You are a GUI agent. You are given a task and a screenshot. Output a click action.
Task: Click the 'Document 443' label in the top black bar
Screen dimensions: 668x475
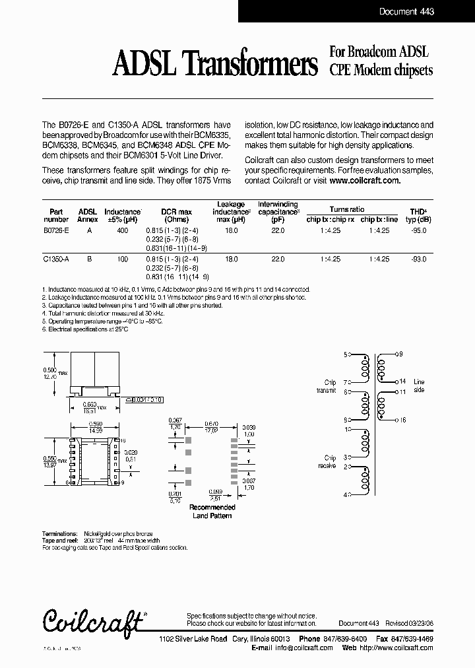[406, 12]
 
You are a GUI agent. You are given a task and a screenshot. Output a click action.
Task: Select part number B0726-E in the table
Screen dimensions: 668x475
[55, 231]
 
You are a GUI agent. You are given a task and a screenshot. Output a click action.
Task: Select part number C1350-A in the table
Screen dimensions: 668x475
[55, 260]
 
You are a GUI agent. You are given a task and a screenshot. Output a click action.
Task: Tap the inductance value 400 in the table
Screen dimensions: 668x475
[122, 231]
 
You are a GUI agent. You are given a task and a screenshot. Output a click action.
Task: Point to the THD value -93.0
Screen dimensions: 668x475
[419, 260]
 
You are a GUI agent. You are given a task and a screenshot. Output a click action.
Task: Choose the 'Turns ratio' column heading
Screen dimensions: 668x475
[347, 208]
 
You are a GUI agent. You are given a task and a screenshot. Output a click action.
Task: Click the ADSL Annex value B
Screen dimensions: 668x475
[88, 260]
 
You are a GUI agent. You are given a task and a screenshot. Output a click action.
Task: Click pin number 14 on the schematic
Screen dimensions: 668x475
[402, 382]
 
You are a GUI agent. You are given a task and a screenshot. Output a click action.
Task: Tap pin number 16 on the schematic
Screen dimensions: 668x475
[402, 420]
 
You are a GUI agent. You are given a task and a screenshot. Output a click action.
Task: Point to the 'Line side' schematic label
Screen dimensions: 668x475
[420, 386]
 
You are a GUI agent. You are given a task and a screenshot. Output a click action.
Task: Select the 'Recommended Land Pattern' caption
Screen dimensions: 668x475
[212, 512]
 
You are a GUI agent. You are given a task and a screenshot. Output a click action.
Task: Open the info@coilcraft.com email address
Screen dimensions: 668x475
[301, 648]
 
